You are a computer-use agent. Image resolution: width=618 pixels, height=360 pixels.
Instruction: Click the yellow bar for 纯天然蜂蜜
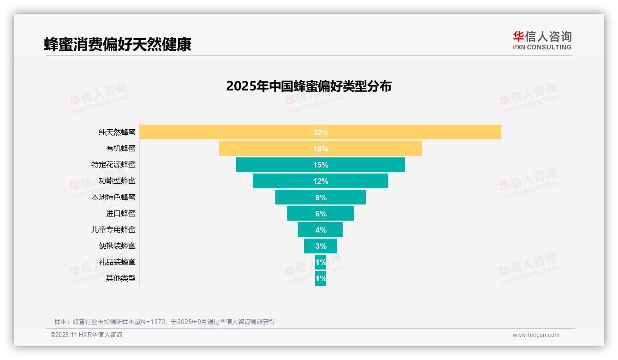[415, 132]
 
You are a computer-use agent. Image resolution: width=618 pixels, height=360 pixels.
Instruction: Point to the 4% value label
[321, 230]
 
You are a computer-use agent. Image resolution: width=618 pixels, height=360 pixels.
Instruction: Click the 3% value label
[321, 246]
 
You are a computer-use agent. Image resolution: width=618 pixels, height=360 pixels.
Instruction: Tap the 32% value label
[321, 132]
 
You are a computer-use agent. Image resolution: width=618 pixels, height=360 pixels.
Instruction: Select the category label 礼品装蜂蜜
[117, 262]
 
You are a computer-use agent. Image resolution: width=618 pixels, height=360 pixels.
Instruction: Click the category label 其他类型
[121, 278]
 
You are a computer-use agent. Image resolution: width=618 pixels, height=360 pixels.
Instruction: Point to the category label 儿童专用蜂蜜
[113, 229]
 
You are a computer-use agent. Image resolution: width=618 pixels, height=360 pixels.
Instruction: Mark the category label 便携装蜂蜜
[117, 246]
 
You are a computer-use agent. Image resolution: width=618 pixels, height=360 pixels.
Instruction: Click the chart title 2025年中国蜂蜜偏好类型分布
[309, 86]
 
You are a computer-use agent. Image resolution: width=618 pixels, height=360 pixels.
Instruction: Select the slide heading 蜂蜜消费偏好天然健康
[118, 44]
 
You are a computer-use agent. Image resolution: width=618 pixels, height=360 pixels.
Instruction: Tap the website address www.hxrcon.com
[536, 335]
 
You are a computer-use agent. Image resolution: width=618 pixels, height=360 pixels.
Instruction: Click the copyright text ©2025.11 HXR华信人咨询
[86, 335]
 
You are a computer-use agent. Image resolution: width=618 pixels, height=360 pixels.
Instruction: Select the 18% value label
[321, 149]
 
